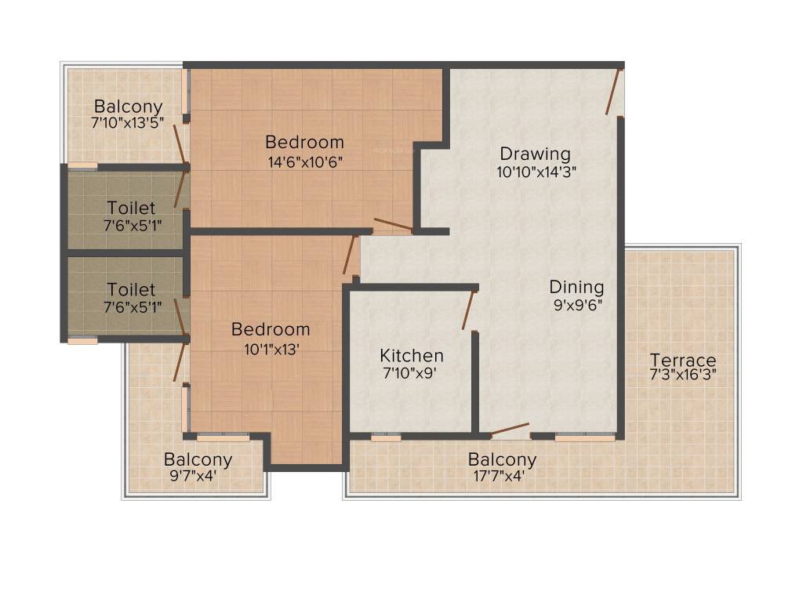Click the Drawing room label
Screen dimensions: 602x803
tap(536, 153)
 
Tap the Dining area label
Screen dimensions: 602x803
tap(576, 286)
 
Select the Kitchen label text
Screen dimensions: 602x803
tap(412, 355)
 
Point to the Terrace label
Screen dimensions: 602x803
tap(682, 360)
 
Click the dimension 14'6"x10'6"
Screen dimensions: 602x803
tap(304, 161)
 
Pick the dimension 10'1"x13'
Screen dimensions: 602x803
tap(271, 349)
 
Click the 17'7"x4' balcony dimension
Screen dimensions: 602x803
tap(503, 475)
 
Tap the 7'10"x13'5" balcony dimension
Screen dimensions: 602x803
tap(128, 122)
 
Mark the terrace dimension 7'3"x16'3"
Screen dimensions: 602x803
tap(682, 374)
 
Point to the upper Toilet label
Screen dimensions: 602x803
tap(131, 208)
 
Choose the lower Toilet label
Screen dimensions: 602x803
tap(131, 289)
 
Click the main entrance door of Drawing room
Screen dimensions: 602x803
tap(614, 92)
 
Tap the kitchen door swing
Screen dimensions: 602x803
tap(469, 310)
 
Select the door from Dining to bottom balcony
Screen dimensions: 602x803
tap(509, 430)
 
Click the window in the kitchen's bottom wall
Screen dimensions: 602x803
tap(386, 437)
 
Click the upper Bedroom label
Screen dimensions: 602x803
tap(304, 142)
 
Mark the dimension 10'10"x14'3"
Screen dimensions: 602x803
tap(536, 172)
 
